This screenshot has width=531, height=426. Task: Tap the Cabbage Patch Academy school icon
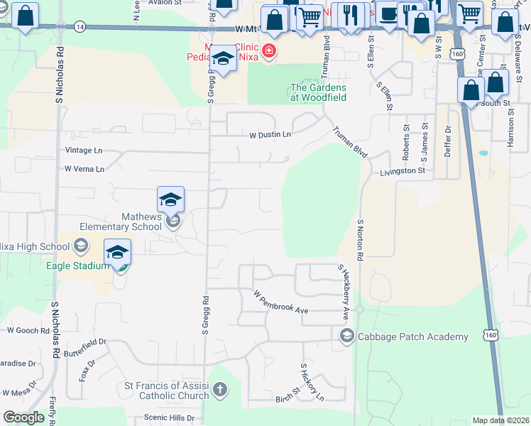click(x=347, y=336)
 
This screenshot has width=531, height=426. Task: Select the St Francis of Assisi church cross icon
click(x=221, y=389)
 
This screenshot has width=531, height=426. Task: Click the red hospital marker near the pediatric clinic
click(x=268, y=50)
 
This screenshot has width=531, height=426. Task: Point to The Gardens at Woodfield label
click(x=317, y=92)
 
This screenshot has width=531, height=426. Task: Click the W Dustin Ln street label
click(x=270, y=134)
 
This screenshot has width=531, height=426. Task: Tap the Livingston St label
click(x=402, y=171)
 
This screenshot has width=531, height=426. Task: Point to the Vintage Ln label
click(x=83, y=151)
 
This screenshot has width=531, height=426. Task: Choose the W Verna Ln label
click(x=84, y=169)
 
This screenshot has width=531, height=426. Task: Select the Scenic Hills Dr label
click(x=169, y=417)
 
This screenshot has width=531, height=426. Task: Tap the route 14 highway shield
click(x=80, y=26)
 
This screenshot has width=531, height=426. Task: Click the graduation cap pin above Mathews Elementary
click(x=171, y=201)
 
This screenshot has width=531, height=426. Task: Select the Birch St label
click(x=289, y=398)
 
